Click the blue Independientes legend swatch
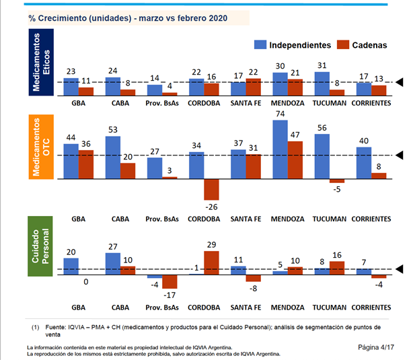[x=260, y=45]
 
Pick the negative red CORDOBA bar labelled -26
[x=212, y=189]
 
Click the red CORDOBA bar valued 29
[x=212, y=260]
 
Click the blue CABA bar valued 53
[x=114, y=157]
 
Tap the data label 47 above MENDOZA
[x=295, y=134]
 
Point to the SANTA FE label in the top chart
[x=246, y=104]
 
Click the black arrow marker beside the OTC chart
[x=399, y=155]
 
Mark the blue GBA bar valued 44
[x=71, y=161]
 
